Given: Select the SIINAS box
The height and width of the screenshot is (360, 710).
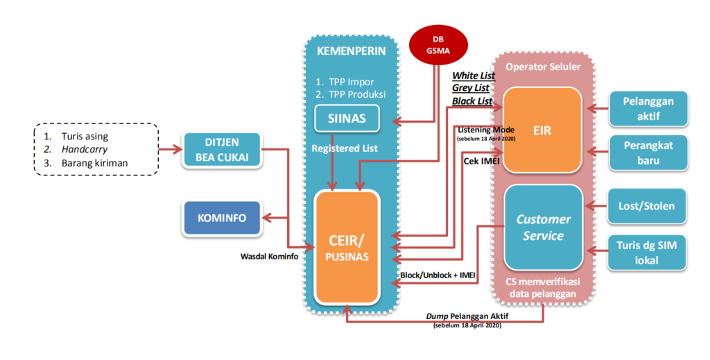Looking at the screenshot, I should pos(348,119).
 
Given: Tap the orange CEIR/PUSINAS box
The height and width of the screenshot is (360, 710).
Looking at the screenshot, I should pos(347,247).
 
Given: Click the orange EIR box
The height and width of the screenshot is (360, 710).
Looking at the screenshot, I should pos(542,129).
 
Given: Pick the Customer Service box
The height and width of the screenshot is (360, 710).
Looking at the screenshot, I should pos(543,227).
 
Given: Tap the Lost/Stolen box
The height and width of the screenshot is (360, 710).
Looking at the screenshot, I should pos(649,205).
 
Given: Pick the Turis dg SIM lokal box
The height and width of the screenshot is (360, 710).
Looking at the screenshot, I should pos(649,252).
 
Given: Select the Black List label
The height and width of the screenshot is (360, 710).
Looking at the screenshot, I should pos(471,101).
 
